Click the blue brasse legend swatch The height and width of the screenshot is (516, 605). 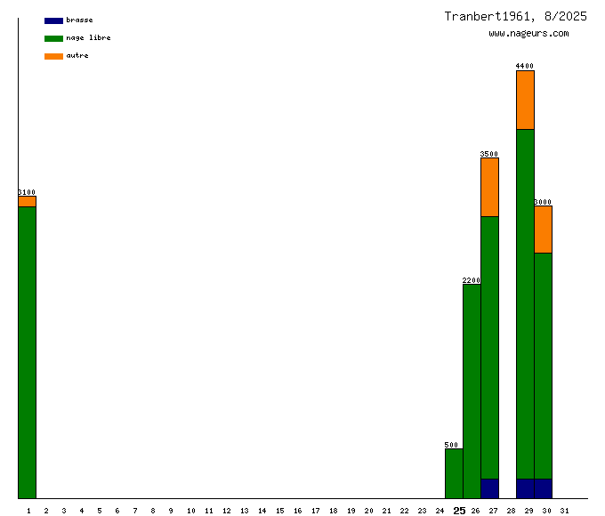tap(53, 20)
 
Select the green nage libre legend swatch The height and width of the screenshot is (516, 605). tap(53, 38)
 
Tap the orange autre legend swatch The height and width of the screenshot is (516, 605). tap(53, 56)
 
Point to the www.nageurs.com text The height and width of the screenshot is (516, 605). tap(528, 34)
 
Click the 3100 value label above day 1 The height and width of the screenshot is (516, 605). tap(27, 192)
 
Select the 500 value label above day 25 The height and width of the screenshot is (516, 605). tap(452, 445)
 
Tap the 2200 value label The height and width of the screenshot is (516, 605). tap(472, 280)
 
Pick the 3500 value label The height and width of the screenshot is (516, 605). tap(489, 154)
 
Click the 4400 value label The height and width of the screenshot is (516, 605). tap(525, 66)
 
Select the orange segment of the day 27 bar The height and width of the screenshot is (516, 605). tap(489, 187)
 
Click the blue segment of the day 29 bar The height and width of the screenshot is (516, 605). tap(525, 488)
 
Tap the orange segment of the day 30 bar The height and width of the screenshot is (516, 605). tap(543, 230)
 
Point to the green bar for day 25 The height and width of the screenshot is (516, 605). tap(454, 473)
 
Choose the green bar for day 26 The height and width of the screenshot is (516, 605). tap(472, 391)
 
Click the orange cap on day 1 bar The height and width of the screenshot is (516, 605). tap(27, 201)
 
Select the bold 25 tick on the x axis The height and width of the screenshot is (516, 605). tap(459, 511)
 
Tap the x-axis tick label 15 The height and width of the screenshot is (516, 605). tap(279, 511)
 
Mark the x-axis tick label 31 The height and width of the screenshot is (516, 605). tap(564, 511)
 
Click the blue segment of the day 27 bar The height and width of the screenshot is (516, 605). tap(489, 488)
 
